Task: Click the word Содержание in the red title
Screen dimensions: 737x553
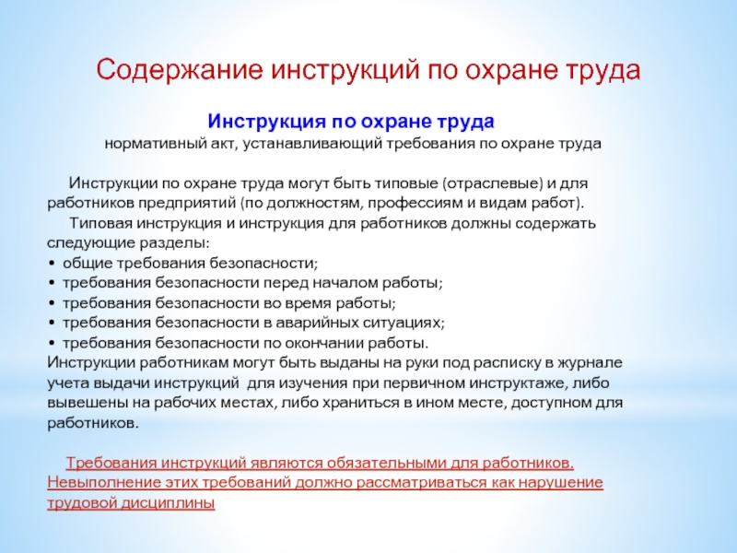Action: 179,70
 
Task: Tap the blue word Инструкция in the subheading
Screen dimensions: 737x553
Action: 266,122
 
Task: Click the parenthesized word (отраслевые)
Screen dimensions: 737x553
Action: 493,183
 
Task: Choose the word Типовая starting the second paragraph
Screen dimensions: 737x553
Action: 100,223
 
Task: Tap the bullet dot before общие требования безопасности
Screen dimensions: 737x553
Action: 51,264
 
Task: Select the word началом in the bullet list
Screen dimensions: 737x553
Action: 345,283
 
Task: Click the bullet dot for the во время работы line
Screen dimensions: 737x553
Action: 51,304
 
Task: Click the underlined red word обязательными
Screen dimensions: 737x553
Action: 387,464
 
